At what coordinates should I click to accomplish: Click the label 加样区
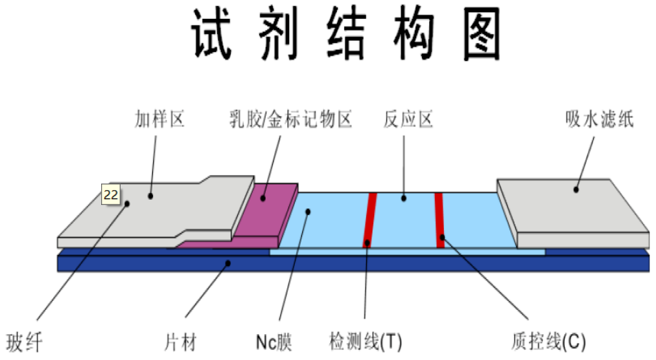tap(159, 119)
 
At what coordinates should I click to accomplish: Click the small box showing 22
tap(111, 194)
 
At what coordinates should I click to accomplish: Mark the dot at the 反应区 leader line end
tap(404, 197)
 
